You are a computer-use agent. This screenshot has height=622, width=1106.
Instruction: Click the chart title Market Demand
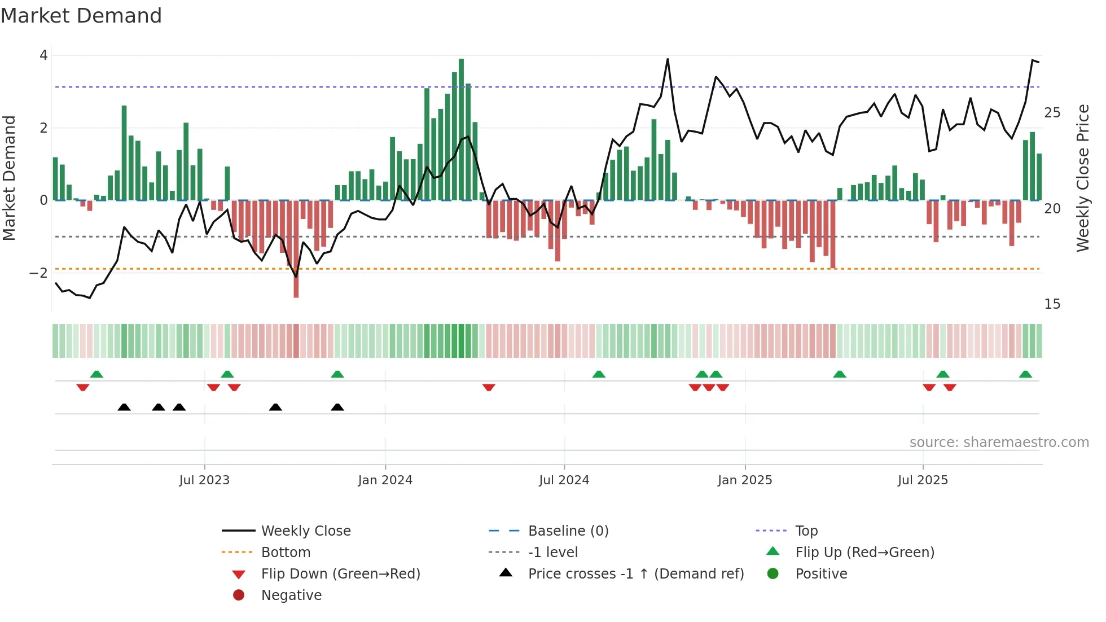(x=81, y=16)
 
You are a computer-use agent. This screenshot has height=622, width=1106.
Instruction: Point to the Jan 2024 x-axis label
(x=385, y=480)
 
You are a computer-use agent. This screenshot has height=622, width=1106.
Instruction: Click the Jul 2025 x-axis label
(x=923, y=480)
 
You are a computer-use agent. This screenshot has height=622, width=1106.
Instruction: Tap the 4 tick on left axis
(x=43, y=55)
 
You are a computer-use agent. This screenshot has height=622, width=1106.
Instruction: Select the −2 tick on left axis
(x=39, y=273)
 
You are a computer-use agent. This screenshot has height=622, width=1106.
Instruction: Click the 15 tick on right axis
(x=1052, y=304)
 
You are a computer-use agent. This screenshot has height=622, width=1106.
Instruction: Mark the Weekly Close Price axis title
(x=1082, y=178)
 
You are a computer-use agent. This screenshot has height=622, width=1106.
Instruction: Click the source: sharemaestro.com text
(x=999, y=442)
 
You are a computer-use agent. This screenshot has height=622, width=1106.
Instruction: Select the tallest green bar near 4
(x=461, y=130)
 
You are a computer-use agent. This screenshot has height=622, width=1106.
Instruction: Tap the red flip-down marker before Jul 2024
(x=489, y=387)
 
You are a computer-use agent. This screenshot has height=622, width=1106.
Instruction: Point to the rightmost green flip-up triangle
(x=1025, y=374)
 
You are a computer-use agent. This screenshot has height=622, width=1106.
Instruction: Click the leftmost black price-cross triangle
(x=124, y=407)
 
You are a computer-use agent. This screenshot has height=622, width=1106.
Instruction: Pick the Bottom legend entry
(x=286, y=552)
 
